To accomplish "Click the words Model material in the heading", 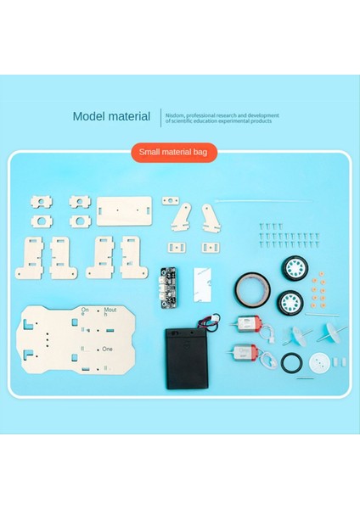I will pyautogui.click(x=111, y=116).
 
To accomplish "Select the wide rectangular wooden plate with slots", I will pyautogui.click(x=125, y=208).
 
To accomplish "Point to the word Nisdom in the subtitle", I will pyautogui.click(x=176, y=114).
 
